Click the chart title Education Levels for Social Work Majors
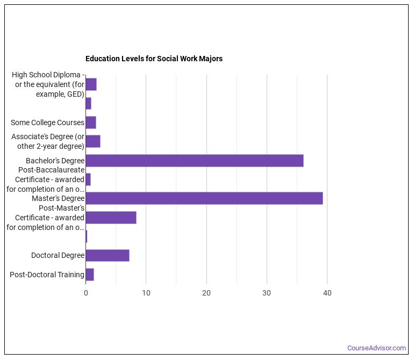click(154, 59)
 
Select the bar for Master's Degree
click(204, 198)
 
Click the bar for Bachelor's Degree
click(194, 161)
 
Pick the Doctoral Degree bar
click(107, 255)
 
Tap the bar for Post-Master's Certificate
click(111, 218)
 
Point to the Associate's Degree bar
click(92, 141)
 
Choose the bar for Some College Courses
click(90, 123)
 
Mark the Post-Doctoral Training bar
click(89, 275)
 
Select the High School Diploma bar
click(91, 84)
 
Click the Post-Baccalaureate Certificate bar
click(88, 179)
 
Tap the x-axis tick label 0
click(85, 293)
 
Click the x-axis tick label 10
click(146, 293)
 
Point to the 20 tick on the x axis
click(206, 293)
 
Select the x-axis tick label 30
click(266, 293)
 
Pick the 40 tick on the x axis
click(327, 293)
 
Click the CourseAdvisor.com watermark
click(376, 348)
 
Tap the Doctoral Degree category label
click(58, 255)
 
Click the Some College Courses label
click(47, 123)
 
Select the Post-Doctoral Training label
click(47, 275)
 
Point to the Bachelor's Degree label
click(55, 161)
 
